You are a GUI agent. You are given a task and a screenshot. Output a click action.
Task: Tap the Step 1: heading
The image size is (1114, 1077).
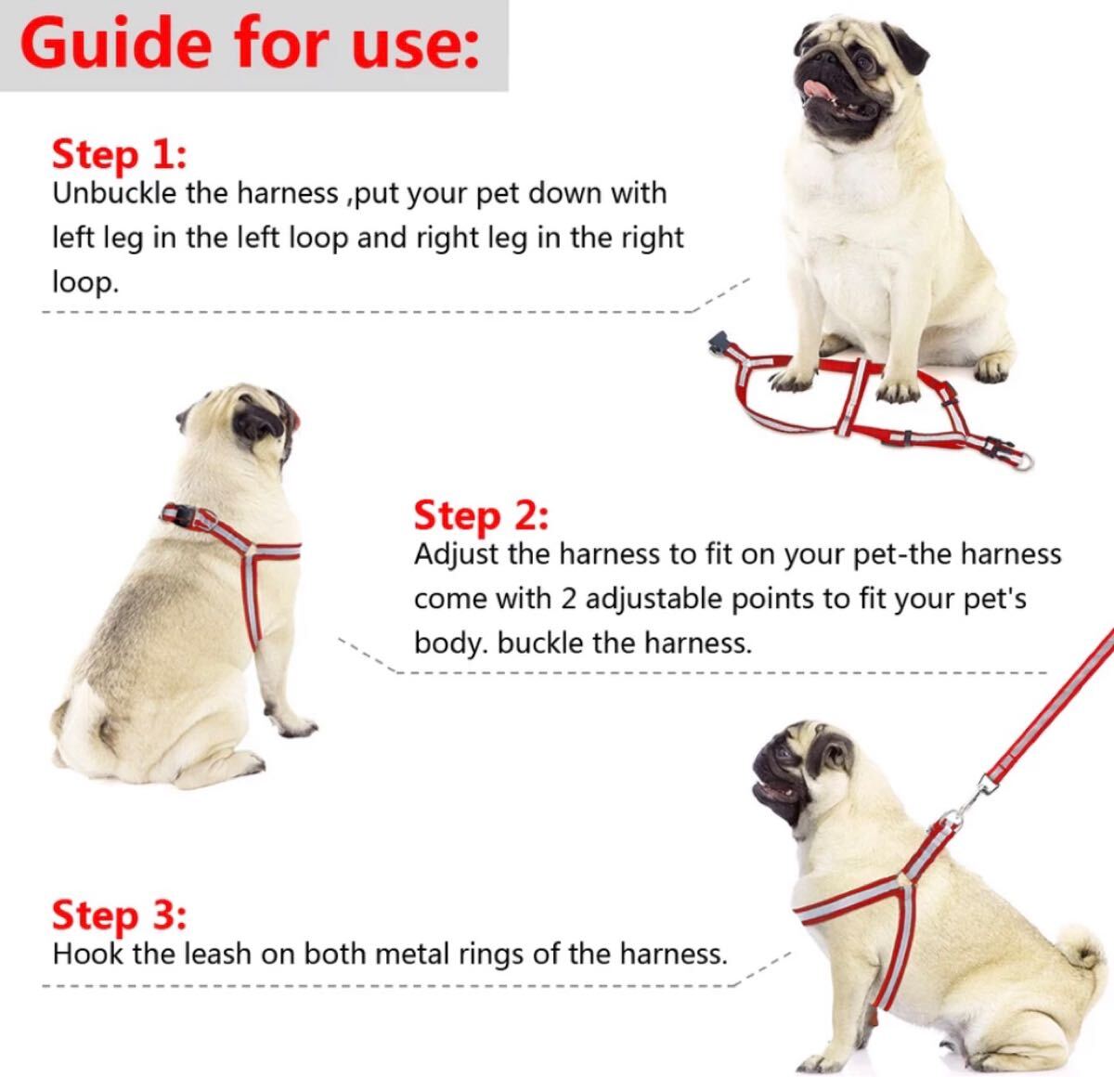coord(119,156)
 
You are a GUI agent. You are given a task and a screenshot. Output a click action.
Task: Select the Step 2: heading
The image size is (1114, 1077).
coord(481,516)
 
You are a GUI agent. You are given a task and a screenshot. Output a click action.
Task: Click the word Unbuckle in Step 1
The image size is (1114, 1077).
coord(114,193)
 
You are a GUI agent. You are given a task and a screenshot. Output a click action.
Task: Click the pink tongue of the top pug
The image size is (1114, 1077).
coord(814,89)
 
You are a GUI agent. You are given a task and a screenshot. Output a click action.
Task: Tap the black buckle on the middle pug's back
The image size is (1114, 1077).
coord(182,516)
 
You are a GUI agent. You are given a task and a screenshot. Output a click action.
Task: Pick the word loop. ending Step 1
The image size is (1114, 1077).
coord(85,282)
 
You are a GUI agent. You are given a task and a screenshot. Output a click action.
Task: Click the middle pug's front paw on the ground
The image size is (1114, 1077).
coord(295,727)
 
